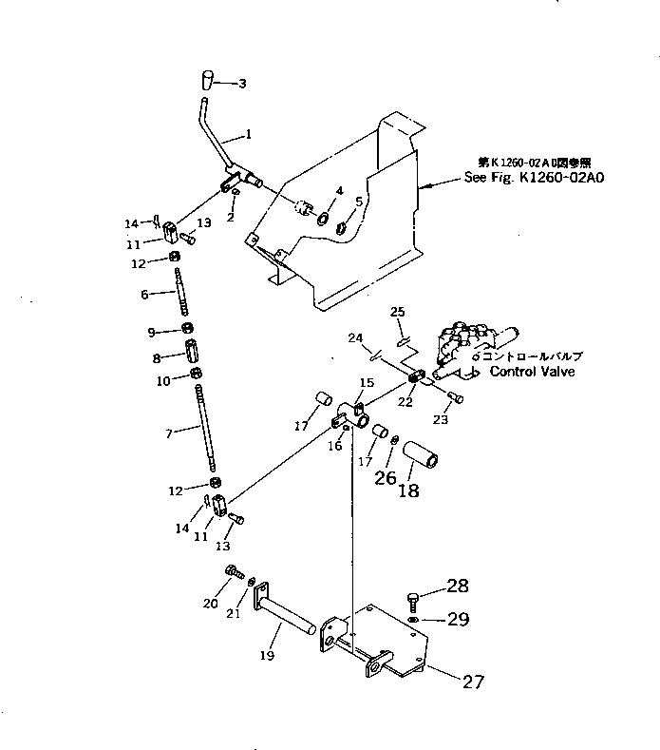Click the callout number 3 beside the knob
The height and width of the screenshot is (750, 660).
tap(242, 84)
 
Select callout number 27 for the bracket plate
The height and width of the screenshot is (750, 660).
tap(473, 681)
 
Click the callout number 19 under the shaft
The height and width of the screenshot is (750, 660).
tap(268, 656)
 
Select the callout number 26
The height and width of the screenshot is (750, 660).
tap(385, 478)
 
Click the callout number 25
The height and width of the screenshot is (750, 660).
tap(397, 312)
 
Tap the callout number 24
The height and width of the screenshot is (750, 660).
tap(355, 337)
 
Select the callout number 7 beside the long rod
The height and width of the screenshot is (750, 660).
tap(169, 433)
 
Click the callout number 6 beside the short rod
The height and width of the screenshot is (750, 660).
tap(145, 295)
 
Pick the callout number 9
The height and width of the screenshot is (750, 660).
tap(151, 331)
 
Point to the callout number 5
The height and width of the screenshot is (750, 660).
tap(358, 202)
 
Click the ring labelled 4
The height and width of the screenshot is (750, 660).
tap(322, 219)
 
